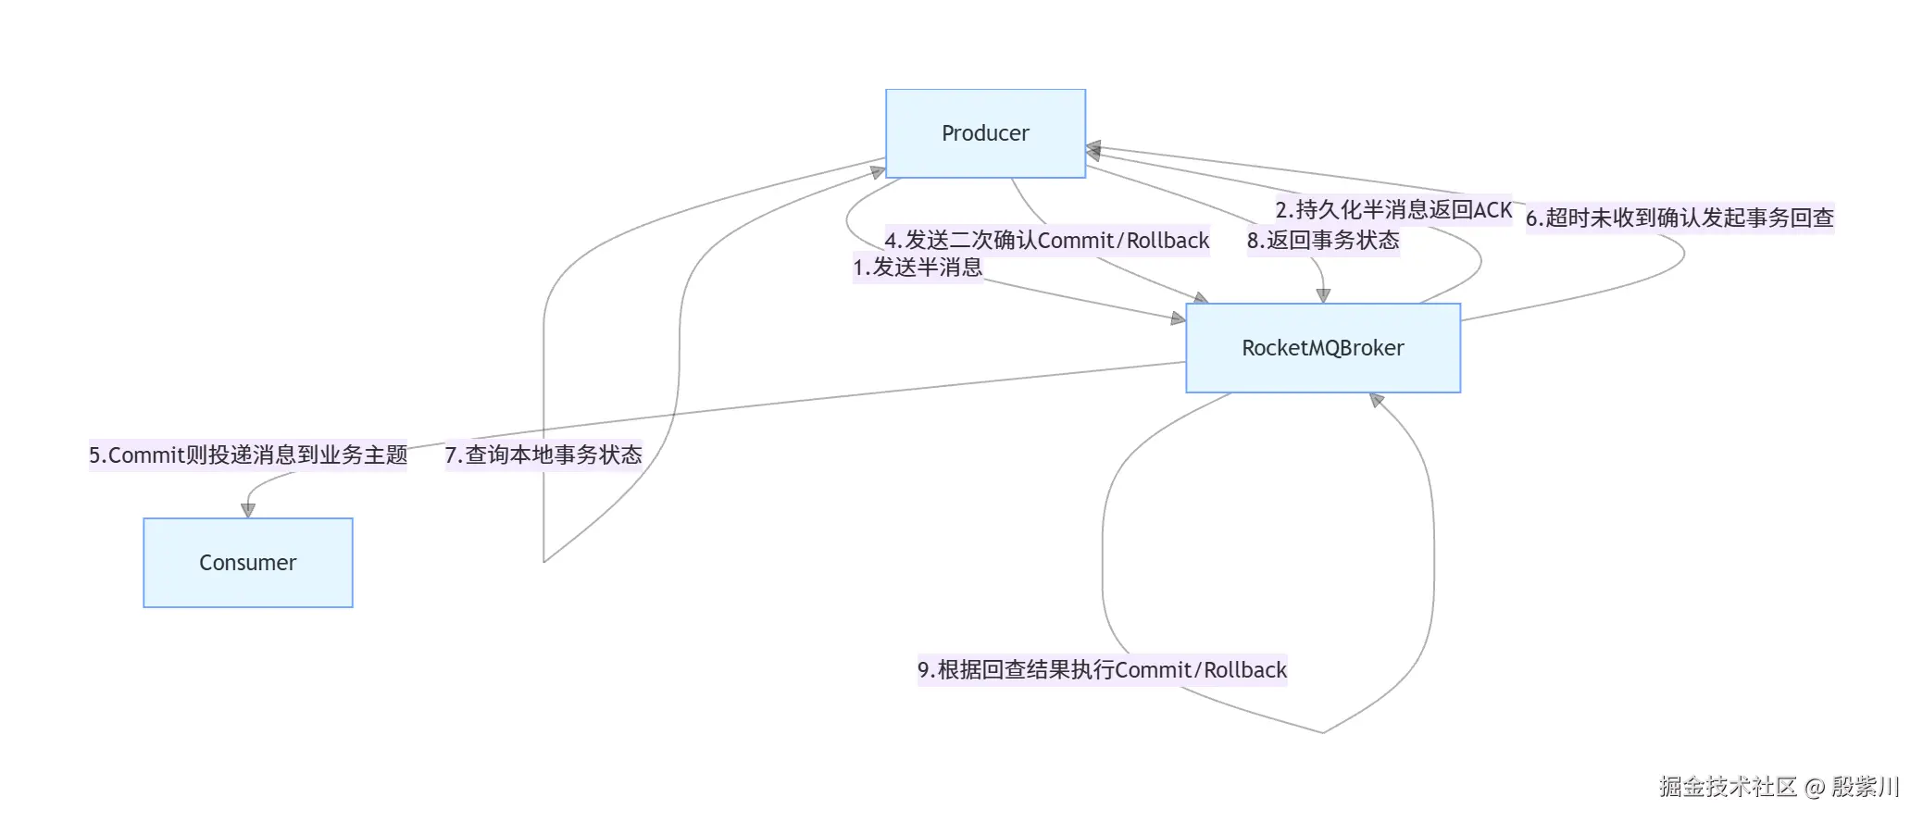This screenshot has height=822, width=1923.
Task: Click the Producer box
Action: (985, 133)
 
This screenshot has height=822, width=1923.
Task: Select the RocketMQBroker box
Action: (1322, 348)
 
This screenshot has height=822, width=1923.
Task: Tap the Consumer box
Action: (247, 563)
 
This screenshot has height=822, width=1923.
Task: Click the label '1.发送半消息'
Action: (917, 268)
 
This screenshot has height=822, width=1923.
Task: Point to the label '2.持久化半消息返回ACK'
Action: (1392, 210)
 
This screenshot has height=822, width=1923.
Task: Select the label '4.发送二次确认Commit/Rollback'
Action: (1046, 241)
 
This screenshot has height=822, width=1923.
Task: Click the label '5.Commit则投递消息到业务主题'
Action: (247, 455)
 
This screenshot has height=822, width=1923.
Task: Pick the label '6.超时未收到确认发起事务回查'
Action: (1680, 218)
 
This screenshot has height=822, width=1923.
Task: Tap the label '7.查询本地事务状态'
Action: (543, 455)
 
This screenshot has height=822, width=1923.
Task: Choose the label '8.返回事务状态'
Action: (1322, 241)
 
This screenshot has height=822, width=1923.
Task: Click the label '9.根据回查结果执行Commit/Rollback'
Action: (1102, 670)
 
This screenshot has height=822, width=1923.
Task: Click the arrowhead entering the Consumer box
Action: (247, 510)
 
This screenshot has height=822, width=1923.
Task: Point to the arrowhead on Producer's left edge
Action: (878, 171)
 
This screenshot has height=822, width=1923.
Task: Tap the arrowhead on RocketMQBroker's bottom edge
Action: (1377, 400)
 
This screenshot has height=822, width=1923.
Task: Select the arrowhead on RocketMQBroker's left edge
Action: (1178, 318)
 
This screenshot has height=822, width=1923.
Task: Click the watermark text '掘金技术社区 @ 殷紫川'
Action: (1778, 787)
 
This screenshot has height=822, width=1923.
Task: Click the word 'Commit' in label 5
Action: (146, 455)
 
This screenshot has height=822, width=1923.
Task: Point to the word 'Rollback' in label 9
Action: (1245, 670)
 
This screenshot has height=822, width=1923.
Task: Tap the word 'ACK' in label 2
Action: (1492, 210)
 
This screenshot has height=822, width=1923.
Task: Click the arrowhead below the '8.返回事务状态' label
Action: (1323, 295)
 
